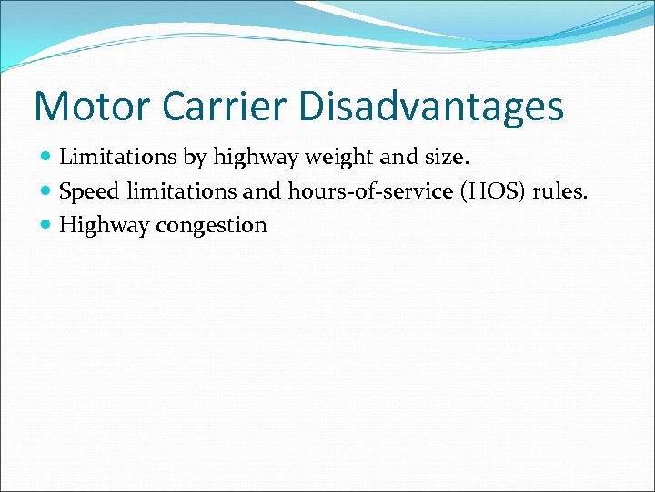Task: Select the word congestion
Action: (211, 226)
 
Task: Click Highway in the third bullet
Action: (104, 226)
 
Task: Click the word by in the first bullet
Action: (196, 159)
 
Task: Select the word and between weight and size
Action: (397, 158)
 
